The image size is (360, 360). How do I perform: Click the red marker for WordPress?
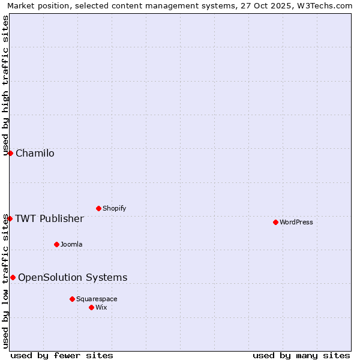(275, 222)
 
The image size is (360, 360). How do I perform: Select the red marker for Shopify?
(98, 208)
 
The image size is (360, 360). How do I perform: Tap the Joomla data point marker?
(56, 244)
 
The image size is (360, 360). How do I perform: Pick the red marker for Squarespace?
(72, 299)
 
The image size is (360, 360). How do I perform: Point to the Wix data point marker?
(91, 307)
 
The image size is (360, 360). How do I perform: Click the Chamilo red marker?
(10, 153)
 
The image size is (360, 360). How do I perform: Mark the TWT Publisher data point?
(10, 218)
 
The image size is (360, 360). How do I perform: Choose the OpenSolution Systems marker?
(13, 277)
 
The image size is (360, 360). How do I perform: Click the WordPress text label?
(296, 223)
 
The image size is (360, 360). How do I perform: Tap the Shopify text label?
(114, 209)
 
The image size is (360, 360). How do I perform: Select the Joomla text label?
(71, 245)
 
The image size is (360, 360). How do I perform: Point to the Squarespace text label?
(97, 299)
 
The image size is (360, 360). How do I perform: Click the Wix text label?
(101, 308)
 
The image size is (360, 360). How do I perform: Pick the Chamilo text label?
(35, 154)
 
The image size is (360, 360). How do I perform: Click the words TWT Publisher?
(49, 218)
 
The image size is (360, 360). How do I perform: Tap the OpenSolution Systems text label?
(73, 277)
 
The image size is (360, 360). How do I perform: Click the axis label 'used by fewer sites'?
(62, 355)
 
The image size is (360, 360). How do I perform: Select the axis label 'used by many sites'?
(301, 355)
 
